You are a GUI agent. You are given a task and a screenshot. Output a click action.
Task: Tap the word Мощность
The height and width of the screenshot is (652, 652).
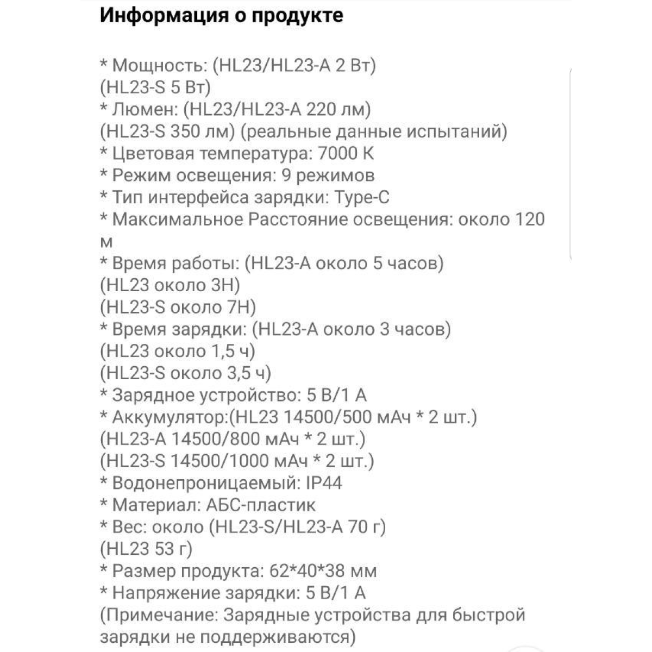157,66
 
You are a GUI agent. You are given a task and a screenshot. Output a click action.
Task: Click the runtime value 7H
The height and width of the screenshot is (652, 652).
240,308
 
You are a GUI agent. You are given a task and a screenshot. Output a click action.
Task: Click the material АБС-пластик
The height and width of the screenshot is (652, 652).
261,505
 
